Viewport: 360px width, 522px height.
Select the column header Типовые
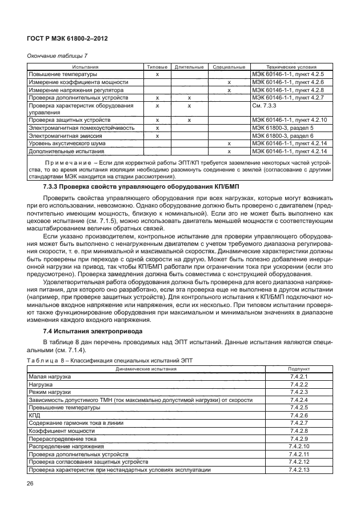[157, 67]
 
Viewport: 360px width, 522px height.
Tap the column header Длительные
[188, 67]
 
